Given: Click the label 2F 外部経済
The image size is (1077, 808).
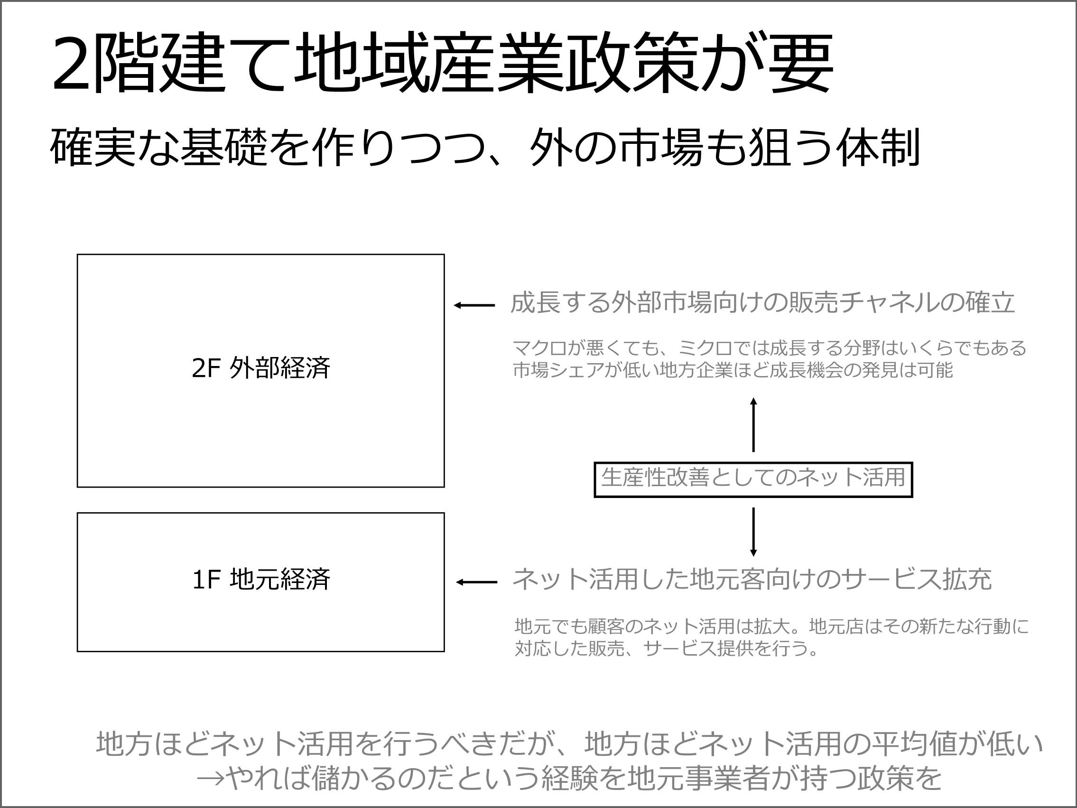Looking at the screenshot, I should (261, 368).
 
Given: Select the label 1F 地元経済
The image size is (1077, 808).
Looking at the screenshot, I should (261, 580).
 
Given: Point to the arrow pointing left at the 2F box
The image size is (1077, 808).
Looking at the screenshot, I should (474, 305).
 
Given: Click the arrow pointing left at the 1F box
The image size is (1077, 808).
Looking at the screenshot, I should (476, 582).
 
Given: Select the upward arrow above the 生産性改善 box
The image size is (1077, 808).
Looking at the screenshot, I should (753, 424).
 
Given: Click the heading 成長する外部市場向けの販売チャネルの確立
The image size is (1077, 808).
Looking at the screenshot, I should (762, 303).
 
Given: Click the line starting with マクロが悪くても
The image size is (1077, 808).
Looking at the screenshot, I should (769, 348).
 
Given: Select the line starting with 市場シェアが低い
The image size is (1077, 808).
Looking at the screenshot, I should (733, 371).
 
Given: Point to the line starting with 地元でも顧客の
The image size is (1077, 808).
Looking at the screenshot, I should (771, 626).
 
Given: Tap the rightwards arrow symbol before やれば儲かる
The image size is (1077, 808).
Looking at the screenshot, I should (210, 779).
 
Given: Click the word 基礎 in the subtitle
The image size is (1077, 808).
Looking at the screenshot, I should (224, 148).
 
